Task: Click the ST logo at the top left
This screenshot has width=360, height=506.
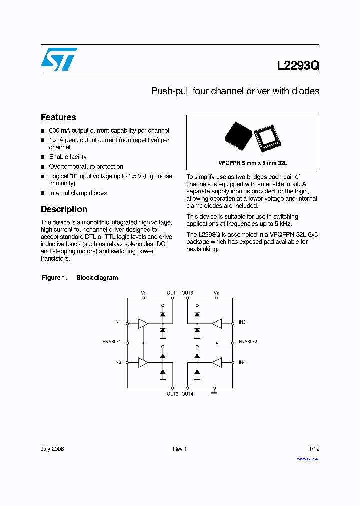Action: click(x=59, y=59)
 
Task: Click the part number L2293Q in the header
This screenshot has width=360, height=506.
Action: click(x=298, y=66)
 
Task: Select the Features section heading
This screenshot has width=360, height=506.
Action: click(x=58, y=117)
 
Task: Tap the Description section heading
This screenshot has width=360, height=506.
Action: click(x=64, y=209)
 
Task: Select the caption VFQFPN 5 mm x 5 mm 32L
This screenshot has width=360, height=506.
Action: click(x=253, y=163)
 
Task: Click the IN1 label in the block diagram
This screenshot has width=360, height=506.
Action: click(x=117, y=323)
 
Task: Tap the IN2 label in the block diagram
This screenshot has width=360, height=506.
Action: click(x=117, y=362)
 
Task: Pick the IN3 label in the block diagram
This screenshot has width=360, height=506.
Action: click(x=242, y=323)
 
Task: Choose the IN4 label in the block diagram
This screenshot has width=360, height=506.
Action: click(x=242, y=362)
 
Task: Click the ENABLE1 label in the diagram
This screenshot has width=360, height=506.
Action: click(x=112, y=342)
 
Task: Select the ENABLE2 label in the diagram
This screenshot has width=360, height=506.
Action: click(x=248, y=342)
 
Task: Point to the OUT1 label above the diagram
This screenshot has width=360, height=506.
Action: click(x=172, y=293)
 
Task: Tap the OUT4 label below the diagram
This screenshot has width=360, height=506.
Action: click(x=187, y=394)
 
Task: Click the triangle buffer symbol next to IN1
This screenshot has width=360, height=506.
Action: click(x=143, y=324)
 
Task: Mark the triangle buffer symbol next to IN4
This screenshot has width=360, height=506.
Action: click(x=217, y=363)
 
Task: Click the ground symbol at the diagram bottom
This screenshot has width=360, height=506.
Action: click(x=214, y=391)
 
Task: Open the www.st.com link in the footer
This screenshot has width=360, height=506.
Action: click(x=308, y=458)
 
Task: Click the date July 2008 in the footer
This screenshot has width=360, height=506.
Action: click(x=52, y=449)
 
